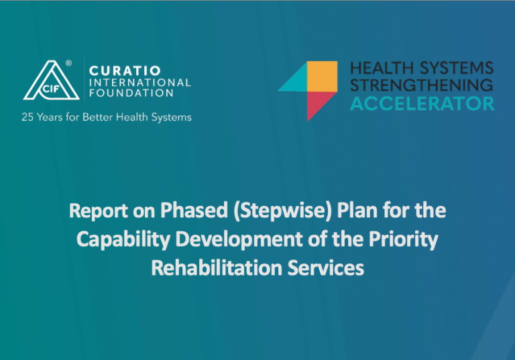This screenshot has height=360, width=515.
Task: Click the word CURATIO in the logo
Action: [125, 70]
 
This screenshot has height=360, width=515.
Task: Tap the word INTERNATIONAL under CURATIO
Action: [140, 82]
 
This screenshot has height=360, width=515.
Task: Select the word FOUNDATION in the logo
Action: [131, 93]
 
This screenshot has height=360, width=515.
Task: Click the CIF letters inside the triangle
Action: [51, 88]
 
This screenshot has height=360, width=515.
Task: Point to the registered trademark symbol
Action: [68, 63]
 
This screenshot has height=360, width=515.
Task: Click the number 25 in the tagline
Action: [27, 117]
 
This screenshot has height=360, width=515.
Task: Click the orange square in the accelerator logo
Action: [322, 76]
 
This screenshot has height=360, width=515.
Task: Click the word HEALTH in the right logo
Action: [382, 68]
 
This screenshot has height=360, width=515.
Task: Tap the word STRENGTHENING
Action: [422, 85]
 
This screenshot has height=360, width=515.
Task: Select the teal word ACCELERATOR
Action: [422, 104]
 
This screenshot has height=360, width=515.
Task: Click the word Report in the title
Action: [98, 211]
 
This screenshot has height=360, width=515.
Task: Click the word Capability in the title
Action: [123, 239]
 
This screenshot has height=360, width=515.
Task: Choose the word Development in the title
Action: [239, 239]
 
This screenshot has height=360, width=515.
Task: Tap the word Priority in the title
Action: [403, 239]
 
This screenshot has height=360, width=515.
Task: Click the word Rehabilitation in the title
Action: [217, 267]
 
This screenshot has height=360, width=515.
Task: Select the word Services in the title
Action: [326, 267]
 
